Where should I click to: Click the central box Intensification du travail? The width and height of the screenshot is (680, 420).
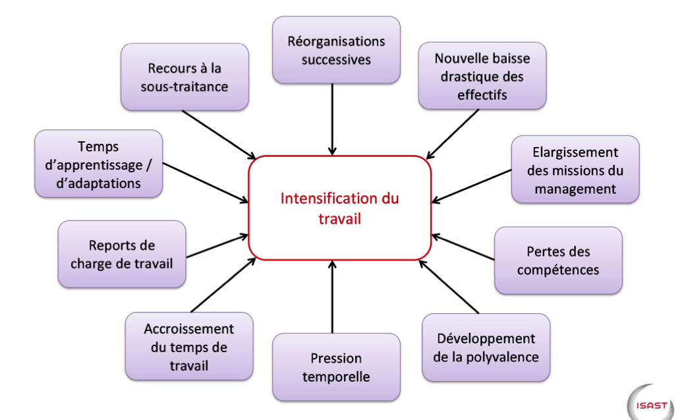[339, 208]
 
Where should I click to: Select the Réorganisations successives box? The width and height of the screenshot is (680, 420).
[336, 50]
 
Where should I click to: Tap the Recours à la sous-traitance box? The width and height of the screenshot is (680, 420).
[184, 76]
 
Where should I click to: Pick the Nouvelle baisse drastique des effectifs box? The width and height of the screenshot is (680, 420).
[482, 76]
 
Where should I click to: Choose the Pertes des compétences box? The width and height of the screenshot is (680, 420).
[558, 260]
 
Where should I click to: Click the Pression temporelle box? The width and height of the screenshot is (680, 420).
[336, 367]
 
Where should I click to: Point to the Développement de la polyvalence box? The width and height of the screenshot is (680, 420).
[486, 347]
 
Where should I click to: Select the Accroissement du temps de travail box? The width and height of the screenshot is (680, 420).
[189, 346]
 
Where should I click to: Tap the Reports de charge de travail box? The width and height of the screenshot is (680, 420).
[122, 254]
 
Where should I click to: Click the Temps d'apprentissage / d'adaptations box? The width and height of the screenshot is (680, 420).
[98, 164]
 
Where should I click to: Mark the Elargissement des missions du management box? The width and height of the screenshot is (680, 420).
[575, 169]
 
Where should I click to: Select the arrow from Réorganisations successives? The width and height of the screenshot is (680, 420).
[333, 119]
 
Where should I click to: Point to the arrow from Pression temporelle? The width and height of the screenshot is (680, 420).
[333, 297]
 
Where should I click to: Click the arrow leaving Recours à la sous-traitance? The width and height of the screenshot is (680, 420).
[217, 134]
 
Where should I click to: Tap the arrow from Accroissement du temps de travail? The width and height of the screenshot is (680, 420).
[223, 285]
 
